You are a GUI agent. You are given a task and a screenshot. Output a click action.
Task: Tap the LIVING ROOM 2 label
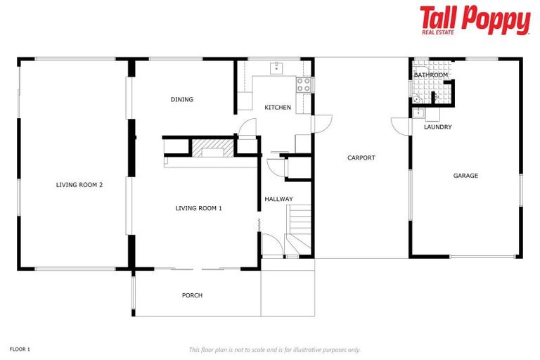coord(79,185)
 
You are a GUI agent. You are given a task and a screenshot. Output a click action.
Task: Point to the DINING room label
coord(181,100)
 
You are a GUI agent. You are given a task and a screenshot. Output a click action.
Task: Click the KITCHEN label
coord(277,108)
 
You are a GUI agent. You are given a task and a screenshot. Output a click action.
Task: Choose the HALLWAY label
coord(278,199)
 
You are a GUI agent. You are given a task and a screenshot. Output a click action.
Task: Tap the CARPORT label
coord(361,158)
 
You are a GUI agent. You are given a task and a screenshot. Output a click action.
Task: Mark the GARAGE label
coord(465,176)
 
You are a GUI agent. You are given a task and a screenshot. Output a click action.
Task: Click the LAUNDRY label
coord(437,127)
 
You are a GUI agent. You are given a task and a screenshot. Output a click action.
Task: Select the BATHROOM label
coord(430,75)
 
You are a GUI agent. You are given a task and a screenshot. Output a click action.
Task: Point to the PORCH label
coord(192,295)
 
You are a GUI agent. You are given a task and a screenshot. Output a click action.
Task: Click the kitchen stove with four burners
coord(304,85)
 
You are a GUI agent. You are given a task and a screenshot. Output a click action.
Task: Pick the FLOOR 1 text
coord(20,349)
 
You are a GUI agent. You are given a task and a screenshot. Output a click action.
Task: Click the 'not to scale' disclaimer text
coord(274,349)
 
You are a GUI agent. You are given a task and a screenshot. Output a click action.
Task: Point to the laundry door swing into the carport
coord(401,126)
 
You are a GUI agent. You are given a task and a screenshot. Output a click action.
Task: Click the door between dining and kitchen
coord(247,129)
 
